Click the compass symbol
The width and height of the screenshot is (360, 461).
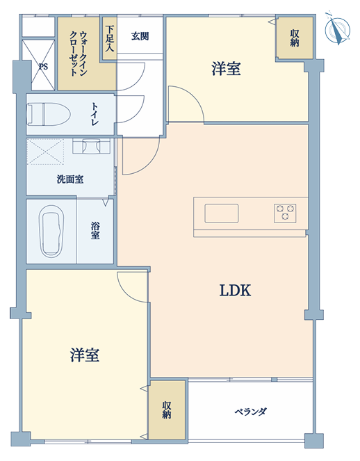click(338, 29)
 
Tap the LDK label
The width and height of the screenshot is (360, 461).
click(235, 291)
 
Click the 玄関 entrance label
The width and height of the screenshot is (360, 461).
click(140, 36)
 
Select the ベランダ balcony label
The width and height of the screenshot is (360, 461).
click(250, 412)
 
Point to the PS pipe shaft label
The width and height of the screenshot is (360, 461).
click(43, 67)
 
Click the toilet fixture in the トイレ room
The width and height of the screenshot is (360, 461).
click(49, 114)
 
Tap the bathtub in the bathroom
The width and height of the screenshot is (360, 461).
click(51, 232)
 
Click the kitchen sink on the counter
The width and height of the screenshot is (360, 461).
click(222, 213)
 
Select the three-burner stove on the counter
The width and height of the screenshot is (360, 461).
click(285, 213)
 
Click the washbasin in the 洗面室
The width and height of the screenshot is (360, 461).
click(92, 146)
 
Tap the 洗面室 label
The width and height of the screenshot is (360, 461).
click(70, 179)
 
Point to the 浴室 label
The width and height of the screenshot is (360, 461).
click(95, 231)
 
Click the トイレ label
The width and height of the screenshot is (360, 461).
click(95, 114)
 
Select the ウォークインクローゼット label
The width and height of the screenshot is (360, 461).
click(79, 54)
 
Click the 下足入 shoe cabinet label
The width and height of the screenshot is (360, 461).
click(110, 38)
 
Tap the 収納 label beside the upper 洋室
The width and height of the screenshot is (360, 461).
click(295, 38)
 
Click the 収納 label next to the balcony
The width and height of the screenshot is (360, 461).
click(166, 410)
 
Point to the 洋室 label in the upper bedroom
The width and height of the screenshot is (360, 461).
click(226, 69)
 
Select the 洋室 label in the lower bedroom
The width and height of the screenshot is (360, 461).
click(85, 355)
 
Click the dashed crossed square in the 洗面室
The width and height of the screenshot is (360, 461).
click(45, 152)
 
